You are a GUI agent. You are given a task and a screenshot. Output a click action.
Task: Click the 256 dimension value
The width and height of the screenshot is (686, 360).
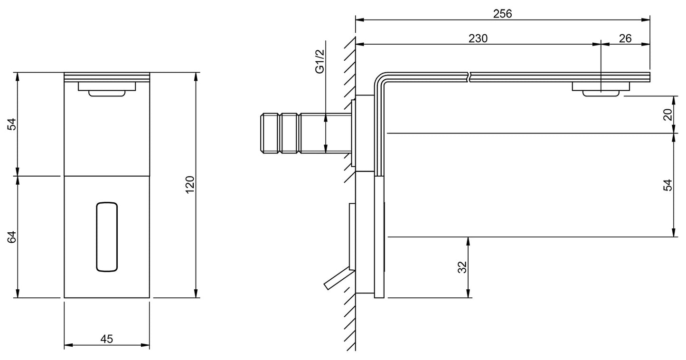point(503,13)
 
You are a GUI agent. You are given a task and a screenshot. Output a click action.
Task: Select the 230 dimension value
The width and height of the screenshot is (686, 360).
point(478,38)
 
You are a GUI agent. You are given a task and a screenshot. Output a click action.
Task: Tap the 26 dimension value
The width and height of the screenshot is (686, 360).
point(625,38)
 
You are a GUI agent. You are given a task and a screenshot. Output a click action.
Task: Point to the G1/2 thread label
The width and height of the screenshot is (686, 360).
point(320,61)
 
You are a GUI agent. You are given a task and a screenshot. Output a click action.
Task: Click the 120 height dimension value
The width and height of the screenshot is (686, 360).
point(190,184)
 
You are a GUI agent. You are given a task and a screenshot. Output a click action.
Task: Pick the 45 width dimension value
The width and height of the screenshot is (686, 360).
point(106,339)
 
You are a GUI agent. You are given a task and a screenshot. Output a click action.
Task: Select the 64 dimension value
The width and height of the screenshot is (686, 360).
point(12,237)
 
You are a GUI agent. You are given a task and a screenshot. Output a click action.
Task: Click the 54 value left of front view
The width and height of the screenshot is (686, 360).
point(12,124)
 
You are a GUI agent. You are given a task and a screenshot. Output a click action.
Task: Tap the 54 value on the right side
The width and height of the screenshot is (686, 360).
point(667,185)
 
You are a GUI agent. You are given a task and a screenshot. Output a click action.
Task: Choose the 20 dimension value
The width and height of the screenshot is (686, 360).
point(667,114)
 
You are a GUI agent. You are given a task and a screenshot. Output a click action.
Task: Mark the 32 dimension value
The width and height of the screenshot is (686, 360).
point(462,267)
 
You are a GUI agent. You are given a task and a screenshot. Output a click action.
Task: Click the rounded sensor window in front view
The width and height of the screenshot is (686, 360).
point(107,237)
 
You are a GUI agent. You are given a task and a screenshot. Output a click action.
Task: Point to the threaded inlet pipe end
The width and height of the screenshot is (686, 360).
point(270,133)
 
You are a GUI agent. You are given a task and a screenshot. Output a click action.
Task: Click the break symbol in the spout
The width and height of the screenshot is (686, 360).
point(469,77)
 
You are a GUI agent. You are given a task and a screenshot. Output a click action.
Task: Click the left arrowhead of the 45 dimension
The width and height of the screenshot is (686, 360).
point(68,345)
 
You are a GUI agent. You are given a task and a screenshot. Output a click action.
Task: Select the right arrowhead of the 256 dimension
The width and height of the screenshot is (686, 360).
point(646,20)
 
